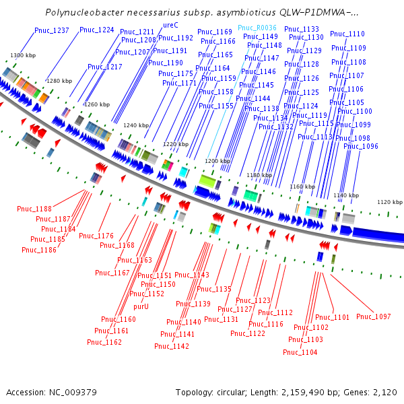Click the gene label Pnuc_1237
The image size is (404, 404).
click(52, 30)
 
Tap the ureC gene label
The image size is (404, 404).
click(170, 25)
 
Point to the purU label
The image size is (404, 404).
click(141, 306)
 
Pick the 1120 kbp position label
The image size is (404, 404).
click(389, 202)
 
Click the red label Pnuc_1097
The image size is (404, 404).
click(374, 316)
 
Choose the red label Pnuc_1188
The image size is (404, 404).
click(34, 209)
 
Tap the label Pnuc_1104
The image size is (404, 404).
click(300, 352)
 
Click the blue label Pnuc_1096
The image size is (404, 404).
click(361, 146)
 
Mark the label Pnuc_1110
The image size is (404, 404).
click(348, 34)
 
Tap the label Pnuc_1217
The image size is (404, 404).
click(105, 67)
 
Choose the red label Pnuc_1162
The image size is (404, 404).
click(104, 342)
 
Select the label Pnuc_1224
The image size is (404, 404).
click(97, 30)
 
